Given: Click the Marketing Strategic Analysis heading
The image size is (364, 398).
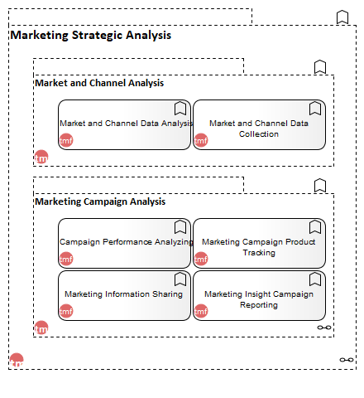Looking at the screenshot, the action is [x=91, y=36].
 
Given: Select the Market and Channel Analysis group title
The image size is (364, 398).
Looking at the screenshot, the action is [x=99, y=83].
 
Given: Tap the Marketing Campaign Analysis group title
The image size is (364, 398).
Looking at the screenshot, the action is [x=100, y=201].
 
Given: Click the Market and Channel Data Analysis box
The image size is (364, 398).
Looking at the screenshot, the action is [x=124, y=125].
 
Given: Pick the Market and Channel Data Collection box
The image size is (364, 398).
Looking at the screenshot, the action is [x=259, y=125].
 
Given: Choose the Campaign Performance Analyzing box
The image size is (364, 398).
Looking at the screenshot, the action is [x=124, y=243].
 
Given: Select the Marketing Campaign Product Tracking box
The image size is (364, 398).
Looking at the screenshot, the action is [x=259, y=243].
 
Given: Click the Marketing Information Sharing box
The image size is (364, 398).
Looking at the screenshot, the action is [x=124, y=295].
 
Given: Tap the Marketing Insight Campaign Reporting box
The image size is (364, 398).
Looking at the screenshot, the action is [x=259, y=295].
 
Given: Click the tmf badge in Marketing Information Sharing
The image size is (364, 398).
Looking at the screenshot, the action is [x=66, y=311].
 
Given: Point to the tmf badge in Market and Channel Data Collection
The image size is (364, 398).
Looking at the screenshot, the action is [x=201, y=140].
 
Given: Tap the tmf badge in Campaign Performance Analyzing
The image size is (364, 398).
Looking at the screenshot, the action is [x=66, y=259].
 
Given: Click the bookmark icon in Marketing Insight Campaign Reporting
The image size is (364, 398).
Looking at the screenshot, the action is [x=315, y=279].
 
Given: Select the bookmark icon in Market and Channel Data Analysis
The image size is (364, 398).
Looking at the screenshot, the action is [x=180, y=108].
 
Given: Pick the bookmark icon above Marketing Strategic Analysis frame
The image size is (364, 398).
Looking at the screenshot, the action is [x=342, y=17].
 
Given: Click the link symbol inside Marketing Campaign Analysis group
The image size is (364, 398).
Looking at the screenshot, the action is [x=324, y=328].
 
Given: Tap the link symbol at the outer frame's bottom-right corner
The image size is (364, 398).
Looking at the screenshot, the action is [x=347, y=360].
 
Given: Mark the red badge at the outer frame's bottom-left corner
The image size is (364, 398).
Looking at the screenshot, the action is [x=17, y=360].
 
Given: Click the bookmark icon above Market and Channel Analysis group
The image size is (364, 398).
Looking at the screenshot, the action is [x=320, y=66].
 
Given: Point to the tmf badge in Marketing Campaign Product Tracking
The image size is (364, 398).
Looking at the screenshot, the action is [x=201, y=259].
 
